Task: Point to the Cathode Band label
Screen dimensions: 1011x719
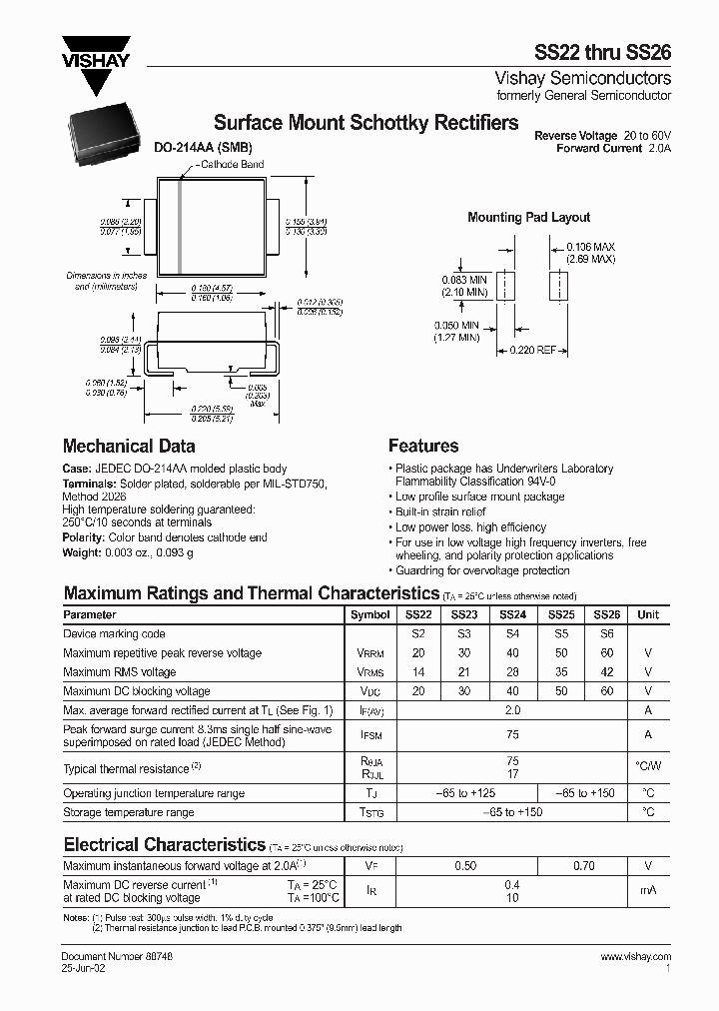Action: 232,164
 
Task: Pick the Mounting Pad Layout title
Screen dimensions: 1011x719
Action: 528,217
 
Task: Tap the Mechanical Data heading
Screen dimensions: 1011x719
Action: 129,447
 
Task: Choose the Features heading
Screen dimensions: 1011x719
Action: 423,447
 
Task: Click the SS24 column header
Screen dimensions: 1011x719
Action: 512,615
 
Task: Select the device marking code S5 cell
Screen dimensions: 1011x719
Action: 560,634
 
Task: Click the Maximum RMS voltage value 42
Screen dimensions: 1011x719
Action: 607,672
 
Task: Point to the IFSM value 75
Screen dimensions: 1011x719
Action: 512,734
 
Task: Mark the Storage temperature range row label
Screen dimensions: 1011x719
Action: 129,813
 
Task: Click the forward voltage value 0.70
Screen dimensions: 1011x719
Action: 584,865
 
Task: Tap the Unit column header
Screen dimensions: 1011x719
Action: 648,615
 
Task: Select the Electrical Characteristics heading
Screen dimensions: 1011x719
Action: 165,844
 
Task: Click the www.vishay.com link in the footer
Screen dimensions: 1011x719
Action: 636,957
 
